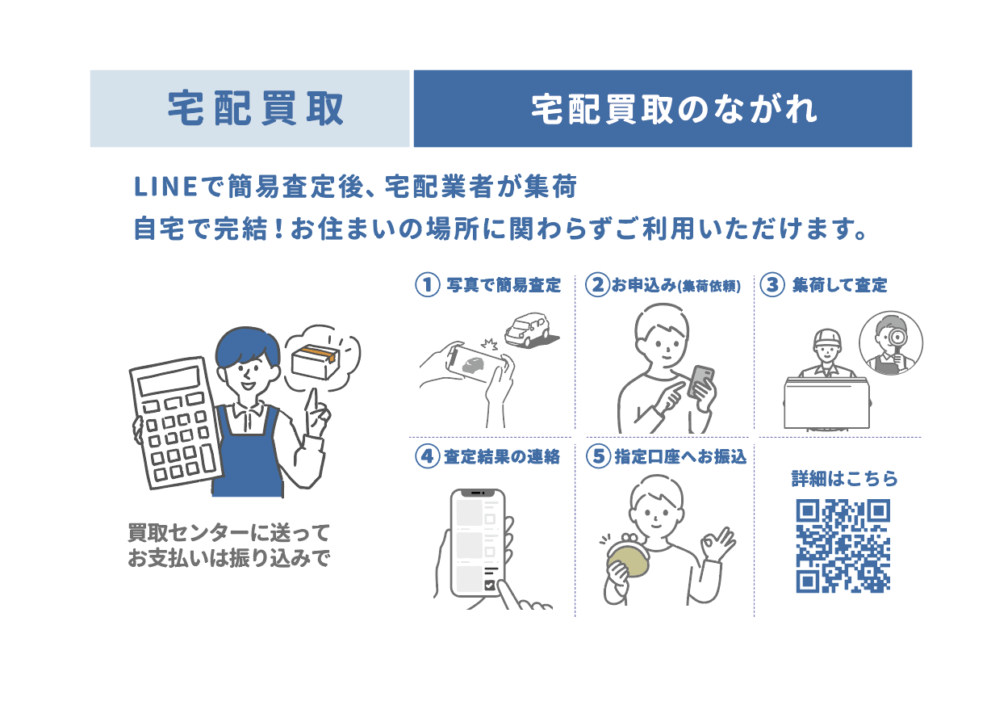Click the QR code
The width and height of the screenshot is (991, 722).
[x=843, y=546]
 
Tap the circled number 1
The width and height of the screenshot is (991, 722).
[x=428, y=284]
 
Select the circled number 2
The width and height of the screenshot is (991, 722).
[x=598, y=284]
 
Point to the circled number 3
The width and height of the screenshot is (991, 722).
[x=772, y=284]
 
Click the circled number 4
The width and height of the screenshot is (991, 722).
[x=428, y=456]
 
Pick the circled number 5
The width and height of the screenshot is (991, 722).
[x=599, y=456]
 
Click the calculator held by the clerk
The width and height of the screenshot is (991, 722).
[x=176, y=423]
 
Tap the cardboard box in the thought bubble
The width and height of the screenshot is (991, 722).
[x=316, y=362]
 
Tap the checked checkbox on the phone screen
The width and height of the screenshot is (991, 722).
[x=489, y=585]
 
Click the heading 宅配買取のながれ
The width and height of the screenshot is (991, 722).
[x=674, y=109]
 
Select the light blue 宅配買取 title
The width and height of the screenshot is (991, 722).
[x=256, y=109]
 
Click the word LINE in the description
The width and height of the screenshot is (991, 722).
[x=165, y=187]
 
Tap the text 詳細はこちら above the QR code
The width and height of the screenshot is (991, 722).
[x=845, y=479]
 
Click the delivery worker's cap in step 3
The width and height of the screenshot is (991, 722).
[x=827, y=338]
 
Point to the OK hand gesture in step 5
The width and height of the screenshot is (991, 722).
[x=717, y=544]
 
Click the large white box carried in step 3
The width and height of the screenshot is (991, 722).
[x=826, y=404]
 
